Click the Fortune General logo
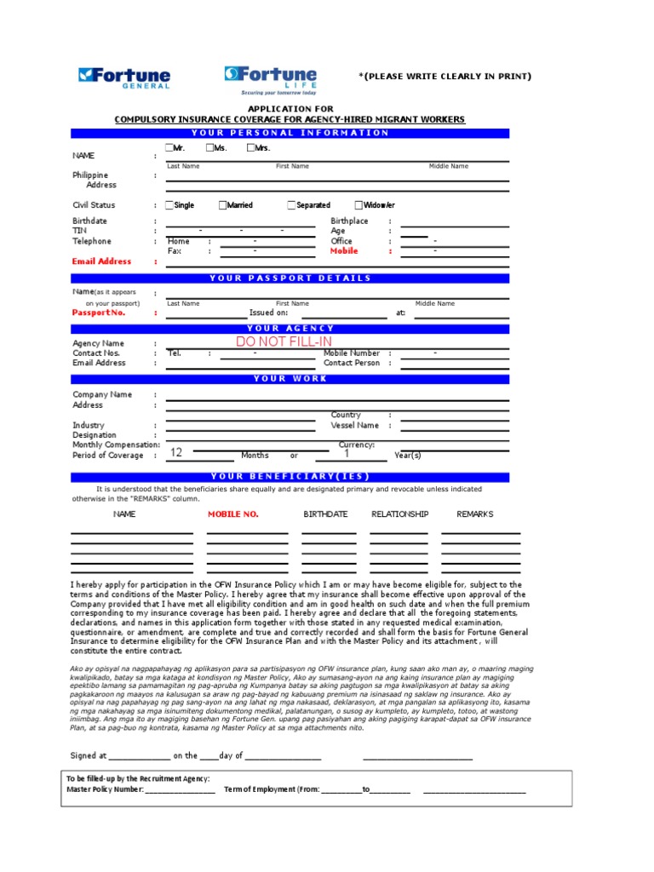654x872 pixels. [124, 77]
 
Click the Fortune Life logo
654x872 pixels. [271, 78]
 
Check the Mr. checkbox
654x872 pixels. [169, 148]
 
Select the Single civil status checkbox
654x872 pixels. [169, 205]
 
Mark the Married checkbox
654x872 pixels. [223, 205]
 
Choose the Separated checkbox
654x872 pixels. [291, 205]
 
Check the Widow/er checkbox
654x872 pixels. [359, 205]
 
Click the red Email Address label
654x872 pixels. [102, 261]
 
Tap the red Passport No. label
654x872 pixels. [99, 313]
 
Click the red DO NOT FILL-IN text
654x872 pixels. [284, 341]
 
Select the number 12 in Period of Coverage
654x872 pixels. [176, 453]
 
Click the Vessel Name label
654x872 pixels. [355, 425]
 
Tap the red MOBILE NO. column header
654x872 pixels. [233, 514]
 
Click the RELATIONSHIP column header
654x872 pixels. [399, 514]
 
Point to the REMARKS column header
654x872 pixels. [474, 514]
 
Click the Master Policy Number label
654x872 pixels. [105, 789]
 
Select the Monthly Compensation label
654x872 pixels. [116, 445]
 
